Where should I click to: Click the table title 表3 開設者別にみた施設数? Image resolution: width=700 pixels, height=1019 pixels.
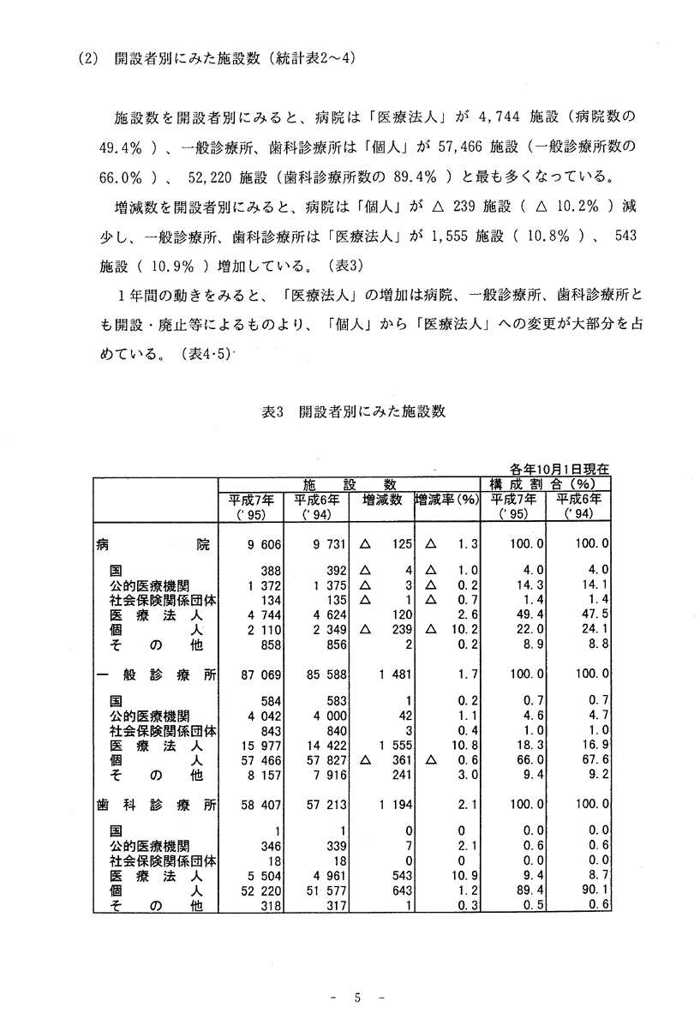point(353,411)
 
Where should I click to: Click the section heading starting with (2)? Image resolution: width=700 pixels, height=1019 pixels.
point(216,59)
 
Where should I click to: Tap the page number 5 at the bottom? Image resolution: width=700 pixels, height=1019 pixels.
point(359,997)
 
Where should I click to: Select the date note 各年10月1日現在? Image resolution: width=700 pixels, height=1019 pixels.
point(559,469)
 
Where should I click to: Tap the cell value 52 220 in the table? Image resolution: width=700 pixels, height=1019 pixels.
point(252,903)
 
